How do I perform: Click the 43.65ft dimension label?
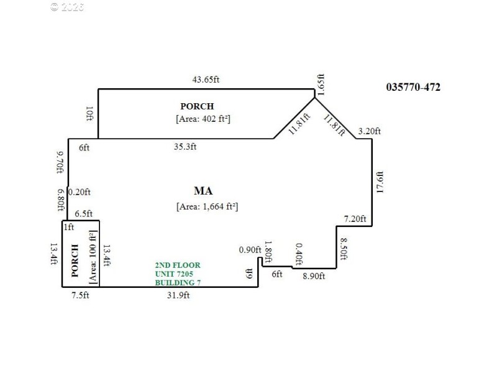point(206,80)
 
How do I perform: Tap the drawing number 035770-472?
point(413,87)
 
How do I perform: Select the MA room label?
point(204,190)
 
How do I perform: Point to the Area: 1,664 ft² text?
point(207,206)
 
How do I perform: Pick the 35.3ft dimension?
point(185,147)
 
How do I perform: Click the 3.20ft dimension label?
point(370,131)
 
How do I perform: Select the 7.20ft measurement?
point(356,219)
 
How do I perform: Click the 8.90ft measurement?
point(313,276)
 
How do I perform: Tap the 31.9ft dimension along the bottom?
point(178,295)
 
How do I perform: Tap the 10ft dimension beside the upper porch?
point(89,114)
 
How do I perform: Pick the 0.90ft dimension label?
point(250,250)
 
